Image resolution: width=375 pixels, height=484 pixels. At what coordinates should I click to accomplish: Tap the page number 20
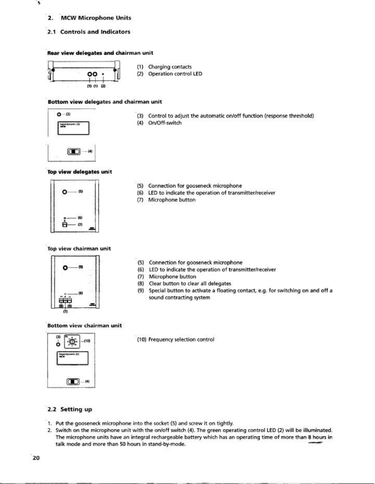click(36, 458)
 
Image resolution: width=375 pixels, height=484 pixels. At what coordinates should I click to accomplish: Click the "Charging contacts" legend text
click(170, 67)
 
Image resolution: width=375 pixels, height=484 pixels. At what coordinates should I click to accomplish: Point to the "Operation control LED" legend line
click(175, 74)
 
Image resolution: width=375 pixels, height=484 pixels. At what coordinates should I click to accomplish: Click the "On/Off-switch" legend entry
click(164, 123)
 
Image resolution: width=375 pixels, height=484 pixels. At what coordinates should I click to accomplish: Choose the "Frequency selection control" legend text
click(181, 340)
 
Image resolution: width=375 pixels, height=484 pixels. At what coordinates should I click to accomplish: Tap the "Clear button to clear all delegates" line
click(190, 284)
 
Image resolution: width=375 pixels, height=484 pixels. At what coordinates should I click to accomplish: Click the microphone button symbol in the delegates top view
click(65, 225)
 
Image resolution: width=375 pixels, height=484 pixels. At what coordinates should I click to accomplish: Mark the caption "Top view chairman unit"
click(79, 249)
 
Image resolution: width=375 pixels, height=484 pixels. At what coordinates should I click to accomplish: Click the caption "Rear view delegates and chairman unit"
click(100, 53)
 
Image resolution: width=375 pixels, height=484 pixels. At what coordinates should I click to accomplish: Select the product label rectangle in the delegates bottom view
click(73, 128)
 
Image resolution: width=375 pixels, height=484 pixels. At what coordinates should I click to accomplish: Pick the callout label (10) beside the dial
click(86, 341)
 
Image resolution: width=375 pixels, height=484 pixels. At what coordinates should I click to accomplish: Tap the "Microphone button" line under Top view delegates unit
click(172, 200)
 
